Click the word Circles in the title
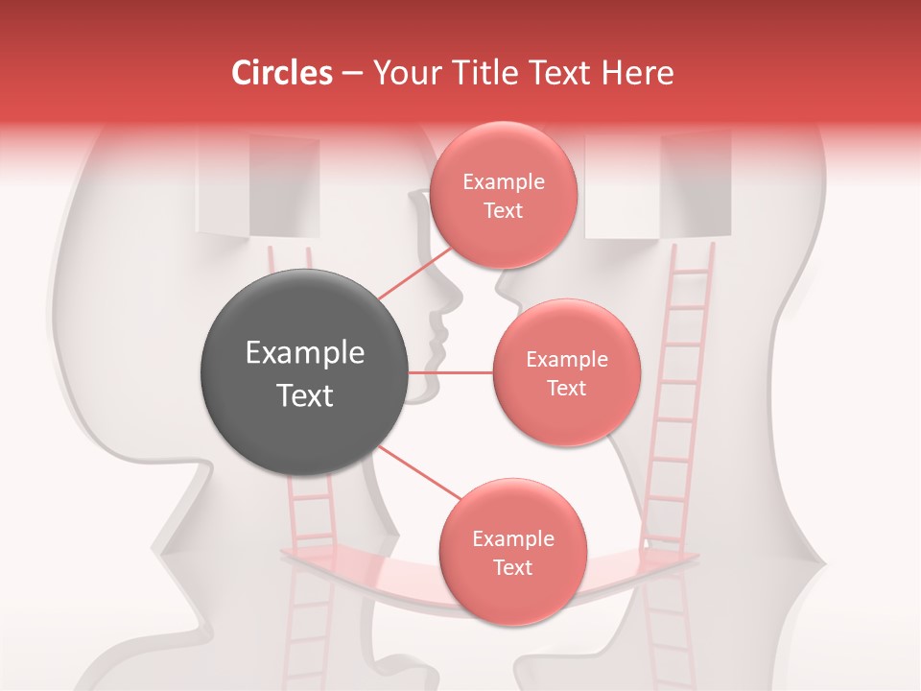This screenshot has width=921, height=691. coord(281,73)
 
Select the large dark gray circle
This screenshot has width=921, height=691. coord(305,373)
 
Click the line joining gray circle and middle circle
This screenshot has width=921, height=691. coord(451,372)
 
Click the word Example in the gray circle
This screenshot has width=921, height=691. coord(305,353)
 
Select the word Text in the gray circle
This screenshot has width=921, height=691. coord(305,395)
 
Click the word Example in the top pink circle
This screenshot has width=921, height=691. coord(504,182)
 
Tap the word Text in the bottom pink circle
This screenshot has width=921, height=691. coord(512,567)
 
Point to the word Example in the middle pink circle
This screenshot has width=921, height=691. coord(567,360)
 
